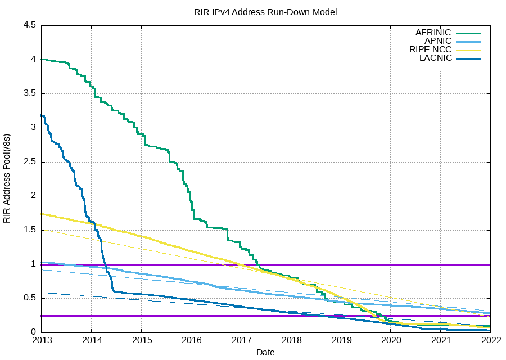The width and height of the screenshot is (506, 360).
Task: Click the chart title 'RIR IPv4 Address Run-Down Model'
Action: (x=265, y=12)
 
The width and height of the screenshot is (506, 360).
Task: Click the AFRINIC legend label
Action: (x=433, y=33)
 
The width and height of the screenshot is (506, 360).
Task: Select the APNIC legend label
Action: (x=438, y=41)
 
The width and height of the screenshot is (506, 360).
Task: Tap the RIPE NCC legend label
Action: (x=430, y=49)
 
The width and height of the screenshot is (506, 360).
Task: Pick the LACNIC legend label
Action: (x=436, y=58)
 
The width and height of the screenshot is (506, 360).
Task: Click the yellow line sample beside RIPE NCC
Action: (x=469, y=50)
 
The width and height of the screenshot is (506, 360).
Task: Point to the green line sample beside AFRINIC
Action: (x=469, y=33)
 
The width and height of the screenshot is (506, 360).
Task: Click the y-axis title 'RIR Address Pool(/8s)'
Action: (x=7, y=179)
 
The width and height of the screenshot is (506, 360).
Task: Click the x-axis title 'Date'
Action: (x=265, y=353)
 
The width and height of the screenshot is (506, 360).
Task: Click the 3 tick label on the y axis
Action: (x=34, y=128)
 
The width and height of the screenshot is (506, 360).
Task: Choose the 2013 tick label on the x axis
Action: (x=41, y=340)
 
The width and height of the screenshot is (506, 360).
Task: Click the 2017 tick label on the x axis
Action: (x=241, y=340)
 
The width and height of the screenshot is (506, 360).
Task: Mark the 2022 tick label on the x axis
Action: (x=490, y=340)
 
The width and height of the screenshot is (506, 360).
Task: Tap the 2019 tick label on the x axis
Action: (x=341, y=340)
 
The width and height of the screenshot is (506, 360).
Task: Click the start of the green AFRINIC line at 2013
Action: (x=42, y=59)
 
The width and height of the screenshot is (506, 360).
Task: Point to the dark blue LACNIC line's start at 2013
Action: (x=42, y=115)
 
